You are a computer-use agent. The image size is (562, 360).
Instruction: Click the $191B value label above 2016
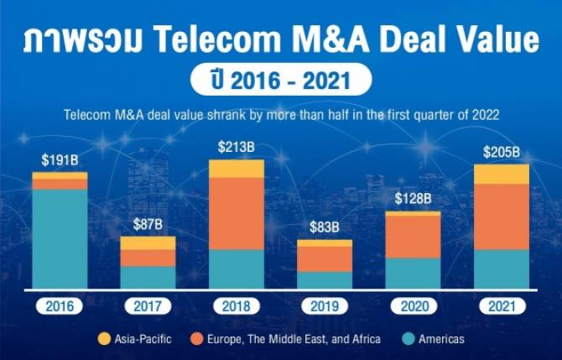60,159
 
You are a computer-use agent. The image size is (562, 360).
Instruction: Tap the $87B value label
148,225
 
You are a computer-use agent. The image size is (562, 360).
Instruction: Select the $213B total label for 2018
236,148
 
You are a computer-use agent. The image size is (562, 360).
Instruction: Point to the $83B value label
324,227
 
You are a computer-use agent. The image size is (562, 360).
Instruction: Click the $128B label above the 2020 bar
413,199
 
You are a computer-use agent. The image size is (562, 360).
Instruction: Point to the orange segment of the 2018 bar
236,213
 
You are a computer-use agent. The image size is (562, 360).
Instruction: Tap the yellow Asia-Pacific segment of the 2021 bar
501,174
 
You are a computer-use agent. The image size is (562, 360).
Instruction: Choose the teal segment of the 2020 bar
413,274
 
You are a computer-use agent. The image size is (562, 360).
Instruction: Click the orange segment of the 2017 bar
148,258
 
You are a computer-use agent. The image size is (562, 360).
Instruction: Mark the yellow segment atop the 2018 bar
236,169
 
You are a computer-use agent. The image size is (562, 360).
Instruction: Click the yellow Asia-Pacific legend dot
105,339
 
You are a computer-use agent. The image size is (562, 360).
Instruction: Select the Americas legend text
438,339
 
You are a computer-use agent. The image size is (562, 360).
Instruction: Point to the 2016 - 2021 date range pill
280,81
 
